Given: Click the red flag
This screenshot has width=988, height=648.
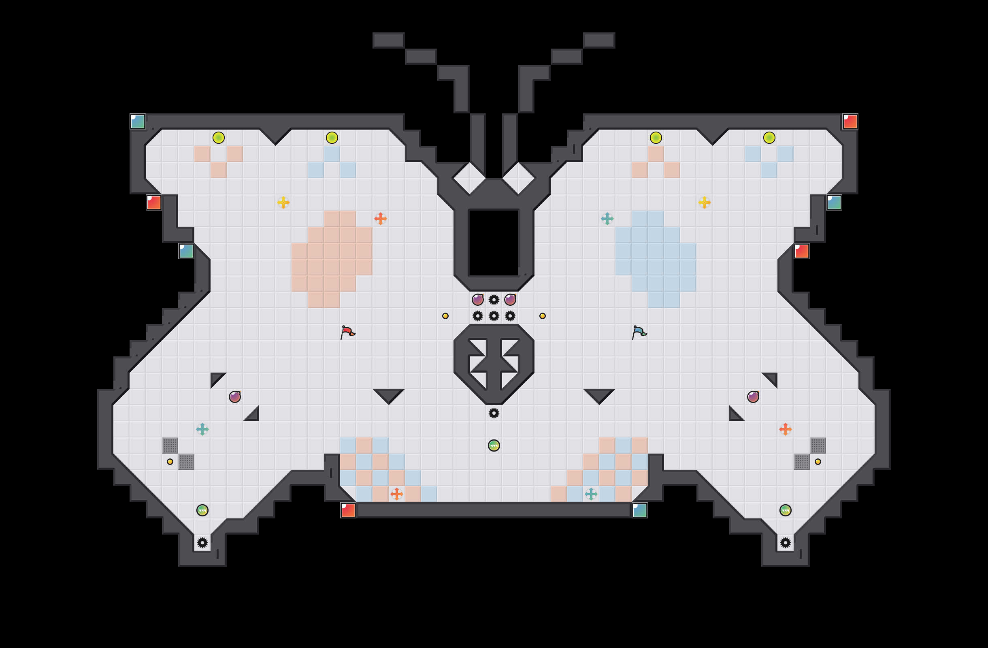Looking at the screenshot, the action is pos(347,332).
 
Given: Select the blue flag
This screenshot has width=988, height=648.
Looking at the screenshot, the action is pos(639,332).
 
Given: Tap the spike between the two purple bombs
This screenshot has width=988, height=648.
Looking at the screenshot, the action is pos(494,299).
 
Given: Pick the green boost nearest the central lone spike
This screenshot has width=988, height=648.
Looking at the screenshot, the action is pos(494,446).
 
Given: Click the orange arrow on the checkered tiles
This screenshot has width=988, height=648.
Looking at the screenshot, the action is pos(396,494).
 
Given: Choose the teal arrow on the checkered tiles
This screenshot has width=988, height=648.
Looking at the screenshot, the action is pos(591,494).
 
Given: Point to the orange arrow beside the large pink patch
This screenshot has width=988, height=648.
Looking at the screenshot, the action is pos(380,218).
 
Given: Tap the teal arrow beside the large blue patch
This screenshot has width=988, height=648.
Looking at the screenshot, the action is pos(607,218).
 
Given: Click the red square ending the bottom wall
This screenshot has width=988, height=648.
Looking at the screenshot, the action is pos(348,510).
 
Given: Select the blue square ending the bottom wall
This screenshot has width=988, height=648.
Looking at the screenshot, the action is pos(640,510).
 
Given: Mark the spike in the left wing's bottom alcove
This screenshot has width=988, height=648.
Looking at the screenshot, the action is pos(202,543).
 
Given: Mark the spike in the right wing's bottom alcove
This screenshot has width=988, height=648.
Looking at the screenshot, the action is pos(786,543).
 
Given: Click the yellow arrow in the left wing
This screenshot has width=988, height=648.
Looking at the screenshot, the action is pos(283,202).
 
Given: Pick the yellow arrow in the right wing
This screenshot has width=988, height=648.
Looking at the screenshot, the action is pos(705,202).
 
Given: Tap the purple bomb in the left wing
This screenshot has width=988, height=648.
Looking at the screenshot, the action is pos(234,397).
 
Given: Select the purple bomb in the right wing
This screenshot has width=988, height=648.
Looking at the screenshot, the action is pos(753,397).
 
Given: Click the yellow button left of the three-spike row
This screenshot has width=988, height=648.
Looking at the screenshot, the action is pos(445,316).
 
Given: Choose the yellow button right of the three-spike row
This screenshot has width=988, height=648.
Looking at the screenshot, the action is pos(542,316).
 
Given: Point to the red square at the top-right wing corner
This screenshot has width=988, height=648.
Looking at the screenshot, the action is pos(850,121).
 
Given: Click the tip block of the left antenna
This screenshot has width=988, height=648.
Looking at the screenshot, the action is pos(388,40).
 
